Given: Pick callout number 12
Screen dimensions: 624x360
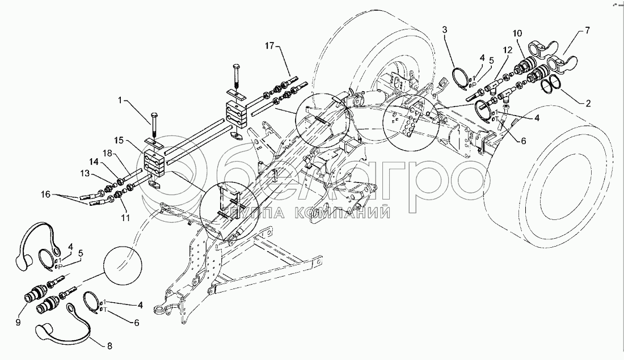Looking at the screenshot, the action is click(506, 50).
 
